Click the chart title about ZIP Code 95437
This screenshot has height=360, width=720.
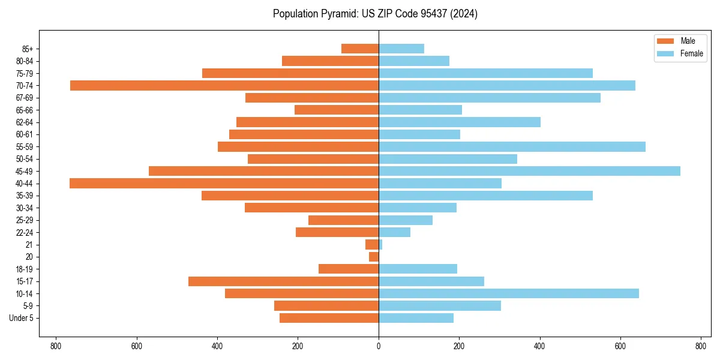[375, 14]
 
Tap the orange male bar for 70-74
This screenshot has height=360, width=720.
[224, 85]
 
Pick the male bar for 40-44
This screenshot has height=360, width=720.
[224, 183]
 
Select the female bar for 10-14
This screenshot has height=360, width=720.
[509, 293]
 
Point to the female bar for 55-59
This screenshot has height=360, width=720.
[512, 146]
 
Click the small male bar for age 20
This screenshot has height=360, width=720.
[374, 257]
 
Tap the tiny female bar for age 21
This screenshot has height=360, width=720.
[380, 244]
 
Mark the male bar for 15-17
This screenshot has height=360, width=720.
[283, 281]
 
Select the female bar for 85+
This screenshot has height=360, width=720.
[401, 49]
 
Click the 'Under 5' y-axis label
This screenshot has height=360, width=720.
[21, 318]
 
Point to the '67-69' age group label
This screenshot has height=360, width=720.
[25, 98]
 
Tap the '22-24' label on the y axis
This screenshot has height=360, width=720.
[25, 232]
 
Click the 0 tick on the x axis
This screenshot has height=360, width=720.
[379, 346]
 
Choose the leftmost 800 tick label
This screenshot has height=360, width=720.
[56, 346]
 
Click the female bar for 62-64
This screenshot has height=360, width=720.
[460, 122]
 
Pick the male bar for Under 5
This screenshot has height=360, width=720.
[329, 318]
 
